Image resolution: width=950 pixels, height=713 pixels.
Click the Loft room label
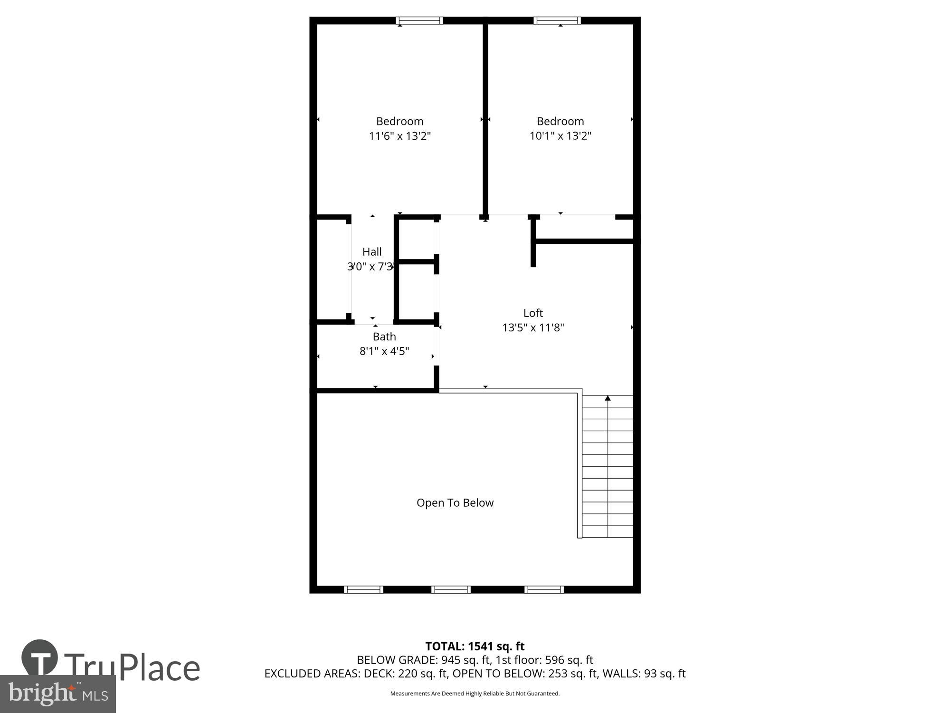533,313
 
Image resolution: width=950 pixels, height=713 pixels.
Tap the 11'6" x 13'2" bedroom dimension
400,136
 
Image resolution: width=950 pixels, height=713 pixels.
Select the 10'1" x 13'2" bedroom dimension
560,136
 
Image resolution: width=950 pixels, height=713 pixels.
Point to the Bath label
384,337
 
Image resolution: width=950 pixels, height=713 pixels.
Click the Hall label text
372,252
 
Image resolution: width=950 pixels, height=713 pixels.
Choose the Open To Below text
455,503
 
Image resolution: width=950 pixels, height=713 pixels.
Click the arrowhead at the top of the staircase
608,398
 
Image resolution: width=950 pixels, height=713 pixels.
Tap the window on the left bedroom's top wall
419,20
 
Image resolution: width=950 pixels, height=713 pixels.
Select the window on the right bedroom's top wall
557,20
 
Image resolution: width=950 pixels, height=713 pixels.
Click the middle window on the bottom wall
451,590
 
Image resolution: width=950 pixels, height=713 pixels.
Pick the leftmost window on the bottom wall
363,590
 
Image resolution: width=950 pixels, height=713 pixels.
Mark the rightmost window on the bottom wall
544,590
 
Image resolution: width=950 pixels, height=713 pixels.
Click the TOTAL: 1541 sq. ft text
475,646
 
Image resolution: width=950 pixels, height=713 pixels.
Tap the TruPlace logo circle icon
40,657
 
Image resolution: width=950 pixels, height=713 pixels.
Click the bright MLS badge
57,694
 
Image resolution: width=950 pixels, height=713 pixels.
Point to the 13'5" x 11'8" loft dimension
533,328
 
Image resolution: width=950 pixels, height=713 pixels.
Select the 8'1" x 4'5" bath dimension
384,351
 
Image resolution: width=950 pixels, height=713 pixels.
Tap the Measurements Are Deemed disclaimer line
475,694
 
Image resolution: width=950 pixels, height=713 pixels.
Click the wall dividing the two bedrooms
485,119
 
